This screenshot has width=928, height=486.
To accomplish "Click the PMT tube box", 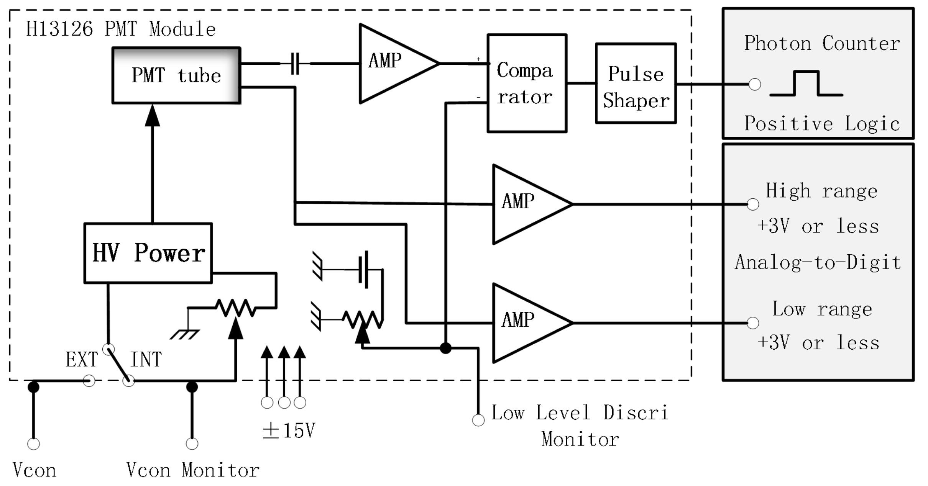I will click(176, 75).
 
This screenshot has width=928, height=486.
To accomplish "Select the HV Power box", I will click(148, 253).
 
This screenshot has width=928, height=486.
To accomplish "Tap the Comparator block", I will click(527, 83).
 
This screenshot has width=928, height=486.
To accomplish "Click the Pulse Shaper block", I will click(636, 83).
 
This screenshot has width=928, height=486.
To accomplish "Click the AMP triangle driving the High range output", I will click(525, 204).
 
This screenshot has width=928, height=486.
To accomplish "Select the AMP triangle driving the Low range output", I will click(525, 323).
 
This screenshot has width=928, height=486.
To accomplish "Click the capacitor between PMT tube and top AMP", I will click(295, 64).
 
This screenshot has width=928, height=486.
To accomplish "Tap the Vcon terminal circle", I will click(34, 444).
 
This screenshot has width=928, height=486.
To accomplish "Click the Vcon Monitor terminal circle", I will click(192, 444).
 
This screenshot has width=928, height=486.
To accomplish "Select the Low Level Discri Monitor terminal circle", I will click(478, 420).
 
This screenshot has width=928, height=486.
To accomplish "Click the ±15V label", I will click(289, 431).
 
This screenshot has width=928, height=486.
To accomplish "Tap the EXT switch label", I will click(82, 360).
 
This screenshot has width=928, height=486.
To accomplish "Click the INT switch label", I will click(146, 360).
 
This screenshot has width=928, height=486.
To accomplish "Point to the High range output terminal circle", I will click(753, 204).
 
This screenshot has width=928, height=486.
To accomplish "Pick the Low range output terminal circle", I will click(753, 323).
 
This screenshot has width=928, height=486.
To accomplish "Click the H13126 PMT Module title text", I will click(121, 29).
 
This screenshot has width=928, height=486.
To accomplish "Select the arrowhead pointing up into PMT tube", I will click(153, 116).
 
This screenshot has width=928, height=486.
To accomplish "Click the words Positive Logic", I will click(822, 123).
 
